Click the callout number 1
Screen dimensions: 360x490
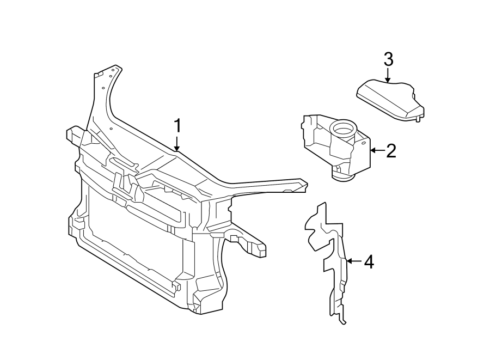[177, 126]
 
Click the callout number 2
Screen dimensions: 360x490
[390, 150]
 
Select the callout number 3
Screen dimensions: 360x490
[388, 58]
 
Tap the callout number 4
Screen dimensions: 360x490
[368, 263]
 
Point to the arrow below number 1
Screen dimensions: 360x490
[177, 144]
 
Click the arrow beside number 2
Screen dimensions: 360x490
[376, 149]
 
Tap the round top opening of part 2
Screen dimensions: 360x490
[342, 129]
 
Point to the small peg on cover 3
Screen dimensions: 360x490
[418, 119]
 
